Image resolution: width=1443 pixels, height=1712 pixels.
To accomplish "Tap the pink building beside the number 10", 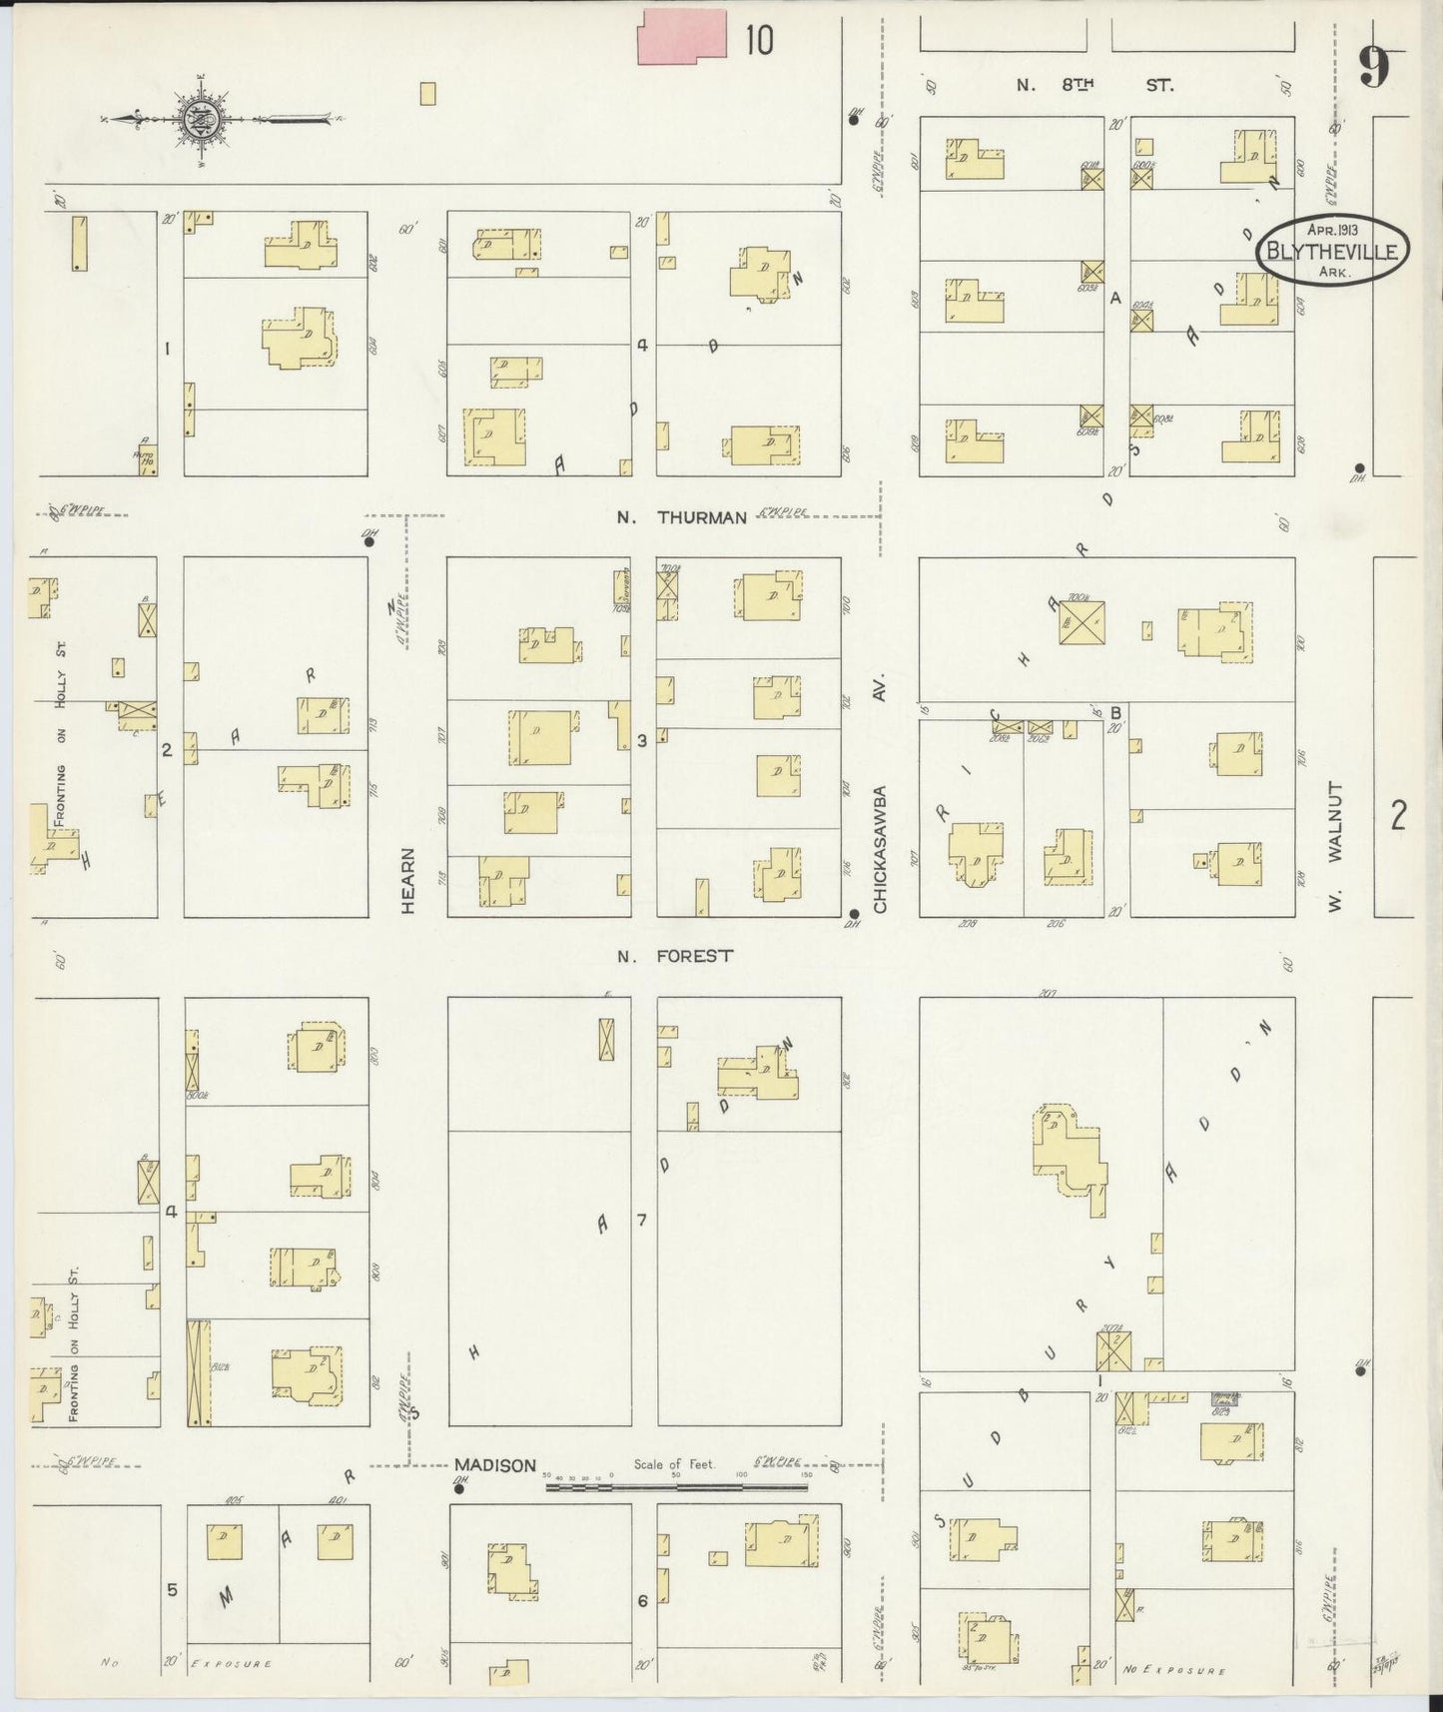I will pos(682,38).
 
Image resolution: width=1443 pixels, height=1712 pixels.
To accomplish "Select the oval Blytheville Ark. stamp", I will pos(1332,250).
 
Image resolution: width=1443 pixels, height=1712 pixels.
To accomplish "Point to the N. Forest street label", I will pos(675,956).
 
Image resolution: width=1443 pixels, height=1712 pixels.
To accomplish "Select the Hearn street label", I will pos(407,880).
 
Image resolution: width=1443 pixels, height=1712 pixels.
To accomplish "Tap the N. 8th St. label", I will pos(1094,86).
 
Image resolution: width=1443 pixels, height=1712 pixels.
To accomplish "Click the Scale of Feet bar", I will pos(676,1486).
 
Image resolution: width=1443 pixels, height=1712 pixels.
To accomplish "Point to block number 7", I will pos(642,1220).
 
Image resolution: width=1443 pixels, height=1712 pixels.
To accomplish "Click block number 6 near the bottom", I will pos(642,1600).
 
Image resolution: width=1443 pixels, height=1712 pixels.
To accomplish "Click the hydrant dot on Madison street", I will pos(459,1488).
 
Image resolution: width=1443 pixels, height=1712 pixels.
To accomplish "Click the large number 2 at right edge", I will pos(1397,816).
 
